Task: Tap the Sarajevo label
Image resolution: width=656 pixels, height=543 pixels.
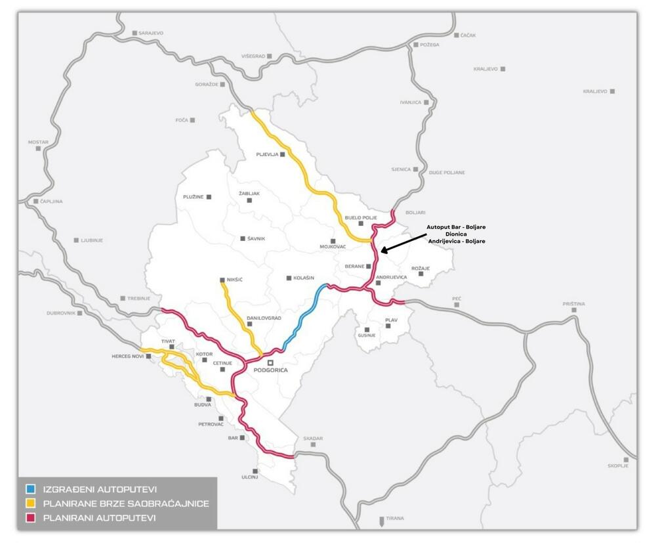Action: (150, 33)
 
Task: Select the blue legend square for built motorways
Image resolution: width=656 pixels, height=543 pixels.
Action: (30, 489)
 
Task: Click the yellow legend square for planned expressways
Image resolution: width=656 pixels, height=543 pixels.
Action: (30, 504)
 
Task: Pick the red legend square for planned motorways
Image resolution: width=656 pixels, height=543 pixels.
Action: (30, 518)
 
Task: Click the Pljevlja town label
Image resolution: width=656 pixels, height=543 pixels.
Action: (268, 155)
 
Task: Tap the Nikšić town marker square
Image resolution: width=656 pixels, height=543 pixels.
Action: (222, 280)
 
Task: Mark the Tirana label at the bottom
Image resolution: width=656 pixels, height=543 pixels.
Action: (395, 519)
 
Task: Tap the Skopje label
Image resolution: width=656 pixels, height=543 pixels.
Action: (618, 466)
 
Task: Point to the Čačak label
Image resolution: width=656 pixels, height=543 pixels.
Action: (468, 35)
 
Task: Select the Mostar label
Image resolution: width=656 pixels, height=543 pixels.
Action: (38, 142)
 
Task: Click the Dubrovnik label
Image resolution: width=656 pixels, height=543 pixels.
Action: (61, 313)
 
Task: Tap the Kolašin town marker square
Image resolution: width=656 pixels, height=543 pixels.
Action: (289, 278)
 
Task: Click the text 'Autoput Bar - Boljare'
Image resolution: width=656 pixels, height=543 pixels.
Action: (456, 227)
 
